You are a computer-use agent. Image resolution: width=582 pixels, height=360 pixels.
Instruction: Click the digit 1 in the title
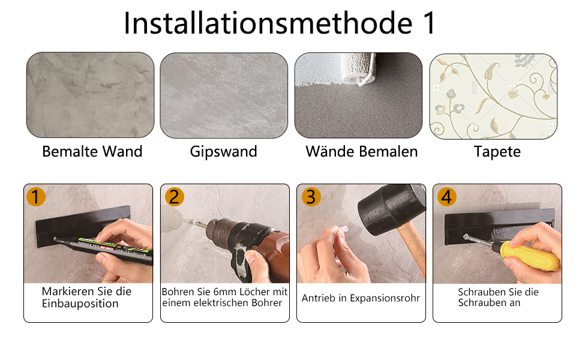pyautogui.click(x=429, y=23)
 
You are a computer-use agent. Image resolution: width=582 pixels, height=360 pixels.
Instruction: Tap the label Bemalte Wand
pyautogui.click(x=92, y=151)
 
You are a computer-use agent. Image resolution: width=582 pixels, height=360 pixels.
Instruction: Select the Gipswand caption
pyautogui.click(x=223, y=152)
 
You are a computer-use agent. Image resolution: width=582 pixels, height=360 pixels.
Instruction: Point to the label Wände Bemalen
pyautogui.click(x=362, y=151)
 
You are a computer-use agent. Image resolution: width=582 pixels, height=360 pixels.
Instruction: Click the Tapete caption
pyautogui.click(x=497, y=152)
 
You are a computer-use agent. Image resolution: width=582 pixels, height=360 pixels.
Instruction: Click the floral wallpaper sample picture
pyautogui.click(x=493, y=97)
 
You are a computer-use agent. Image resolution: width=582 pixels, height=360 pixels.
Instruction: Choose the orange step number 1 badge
pyautogui.click(x=36, y=197)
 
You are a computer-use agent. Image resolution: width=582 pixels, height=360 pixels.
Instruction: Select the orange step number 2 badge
pyautogui.click(x=175, y=197)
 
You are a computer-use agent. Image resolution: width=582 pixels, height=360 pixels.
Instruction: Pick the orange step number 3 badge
pyautogui.click(x=311, y=197)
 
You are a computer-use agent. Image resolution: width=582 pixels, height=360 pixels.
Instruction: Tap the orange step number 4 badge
pyautogui.click(x=447, y=197)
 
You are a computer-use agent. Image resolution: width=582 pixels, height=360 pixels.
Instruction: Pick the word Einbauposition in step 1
pyautogui.click(x=80, y=304)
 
